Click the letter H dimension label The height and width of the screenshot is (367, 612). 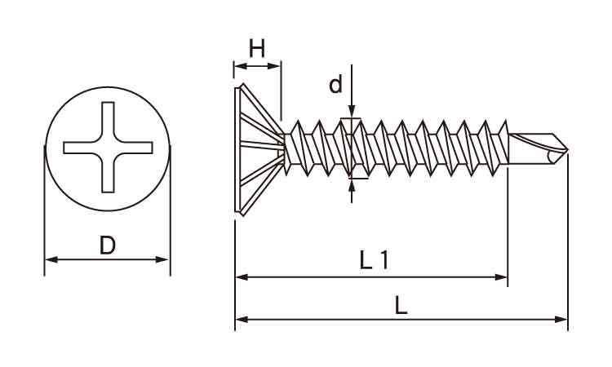[257, 48]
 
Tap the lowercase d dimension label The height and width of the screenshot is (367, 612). [335, 85]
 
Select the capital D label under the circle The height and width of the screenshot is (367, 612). [108, 245]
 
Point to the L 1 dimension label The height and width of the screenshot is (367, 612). [374, 260]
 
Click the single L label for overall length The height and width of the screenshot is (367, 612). [401, 305]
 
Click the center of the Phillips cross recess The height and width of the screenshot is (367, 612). [108, 148]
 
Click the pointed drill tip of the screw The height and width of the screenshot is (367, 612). [567, 150]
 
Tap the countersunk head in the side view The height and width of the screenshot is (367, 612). [259, 149]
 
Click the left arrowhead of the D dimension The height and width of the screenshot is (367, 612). [51, 259]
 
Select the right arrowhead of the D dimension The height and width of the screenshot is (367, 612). [162, 259]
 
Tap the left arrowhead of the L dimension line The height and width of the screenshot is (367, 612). [242, 320]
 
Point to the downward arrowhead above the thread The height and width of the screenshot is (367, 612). [352, 111]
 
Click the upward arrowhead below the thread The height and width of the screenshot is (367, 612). [352, 186]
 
